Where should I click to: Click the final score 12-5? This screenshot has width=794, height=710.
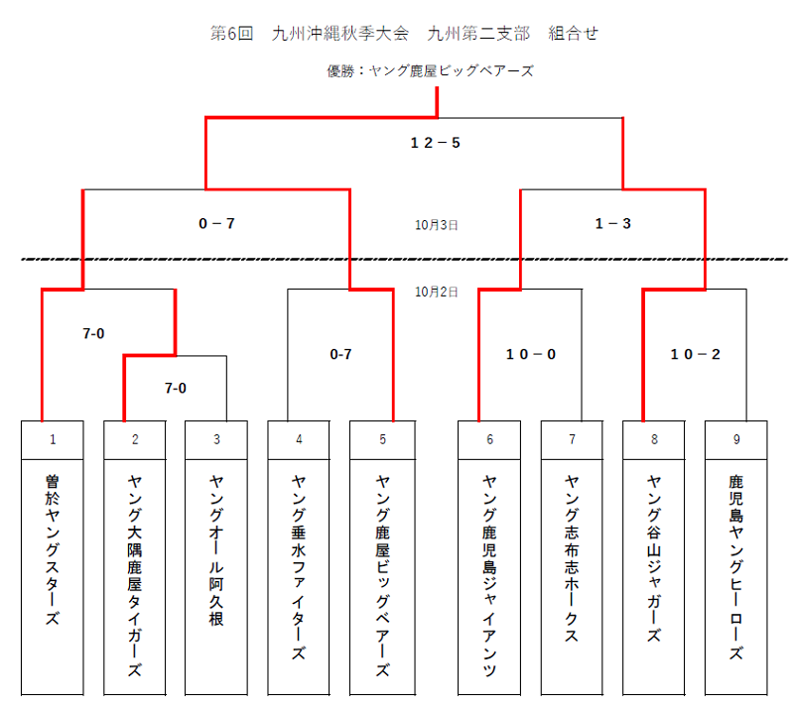(x=435, y=143)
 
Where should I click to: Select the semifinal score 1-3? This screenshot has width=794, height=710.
(x=612, y=223)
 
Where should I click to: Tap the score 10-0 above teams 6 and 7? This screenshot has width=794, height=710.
(x=531, y=354)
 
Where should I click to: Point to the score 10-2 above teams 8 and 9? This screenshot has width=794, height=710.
(x=696, y=354)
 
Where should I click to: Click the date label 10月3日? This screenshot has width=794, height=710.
(x=436, y=225)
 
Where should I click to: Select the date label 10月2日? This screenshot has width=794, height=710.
(x=436, y=292)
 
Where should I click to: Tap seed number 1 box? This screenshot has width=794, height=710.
(x=53, y=439)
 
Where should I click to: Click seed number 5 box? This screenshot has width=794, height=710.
(x=382, y=439)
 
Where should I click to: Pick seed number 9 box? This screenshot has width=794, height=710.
(x=736, y=439)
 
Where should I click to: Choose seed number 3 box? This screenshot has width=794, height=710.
(x=216, y=439)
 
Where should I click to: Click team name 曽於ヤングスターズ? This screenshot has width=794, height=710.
(x=53, y=550)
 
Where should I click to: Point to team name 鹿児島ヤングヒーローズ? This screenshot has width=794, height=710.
(x=736, y=567)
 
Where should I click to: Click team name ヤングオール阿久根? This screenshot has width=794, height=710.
(x=216, y=550)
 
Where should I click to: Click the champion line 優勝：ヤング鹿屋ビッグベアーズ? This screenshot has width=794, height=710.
(x=431, y=70)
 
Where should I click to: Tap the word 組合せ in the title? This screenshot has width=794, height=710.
(x=574, y=34)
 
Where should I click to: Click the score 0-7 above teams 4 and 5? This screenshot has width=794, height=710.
(x=340, y=354)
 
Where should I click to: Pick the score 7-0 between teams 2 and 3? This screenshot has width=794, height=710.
(x=176, y=388)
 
